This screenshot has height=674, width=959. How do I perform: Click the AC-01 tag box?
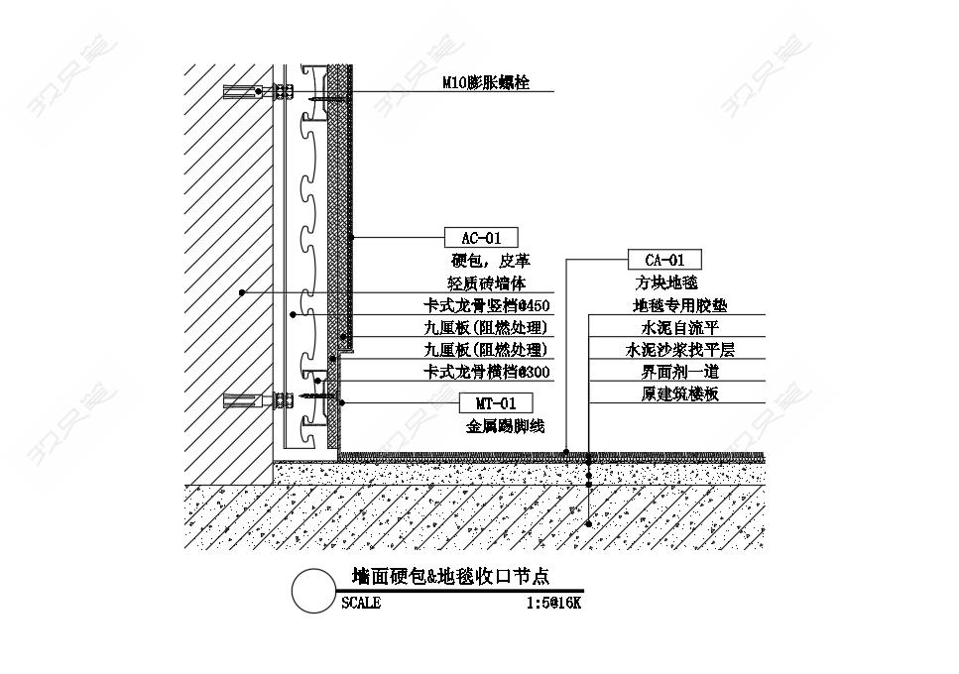pyautogui.click(x=481, y=238)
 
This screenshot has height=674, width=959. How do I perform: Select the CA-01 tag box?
pyautogui.click(x=664, y=260)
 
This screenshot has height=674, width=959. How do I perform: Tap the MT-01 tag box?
pyautogui.click(x=496, y=403)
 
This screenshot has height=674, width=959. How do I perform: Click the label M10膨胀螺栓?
pyautogui.click(x=486, y=82)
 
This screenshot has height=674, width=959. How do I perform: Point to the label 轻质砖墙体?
pyautogui.click(x=487, y=282)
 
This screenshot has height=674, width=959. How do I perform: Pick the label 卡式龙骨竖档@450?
pyautogui.click(x=487, y=305)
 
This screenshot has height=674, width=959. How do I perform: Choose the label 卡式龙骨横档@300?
pyautogui.click(x=487, y=372)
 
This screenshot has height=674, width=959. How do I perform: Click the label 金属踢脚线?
pyautogui.click(x=505, y=426)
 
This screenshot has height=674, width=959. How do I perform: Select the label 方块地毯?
pyautogui.click(x=666, y=282)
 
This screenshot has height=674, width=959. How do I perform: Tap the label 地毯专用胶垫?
pyautogui.click(x=680, y=305)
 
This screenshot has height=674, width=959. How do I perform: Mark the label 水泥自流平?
pyautogui.click(x=680, y=327)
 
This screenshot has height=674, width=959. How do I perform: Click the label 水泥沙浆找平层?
pyautogui.click(x=680, y=350)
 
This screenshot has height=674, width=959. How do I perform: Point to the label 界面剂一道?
pyautogui.click(x=680, y=372)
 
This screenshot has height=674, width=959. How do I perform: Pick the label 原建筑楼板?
pyautogui.click(x=680, y=393)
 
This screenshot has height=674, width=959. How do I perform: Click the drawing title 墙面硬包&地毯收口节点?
pyautogui.click(x=451, y=576)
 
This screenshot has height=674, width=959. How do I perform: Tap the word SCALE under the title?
pyautogui.click(x=361, y=603)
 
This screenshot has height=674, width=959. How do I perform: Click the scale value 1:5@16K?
pyautogui.click(x=554, y=603)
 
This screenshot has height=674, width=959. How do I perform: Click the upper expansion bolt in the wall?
pyautogui.click(x=258, y=91)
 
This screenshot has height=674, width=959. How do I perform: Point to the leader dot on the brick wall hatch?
pyautogui.click(x=242, y=292)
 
